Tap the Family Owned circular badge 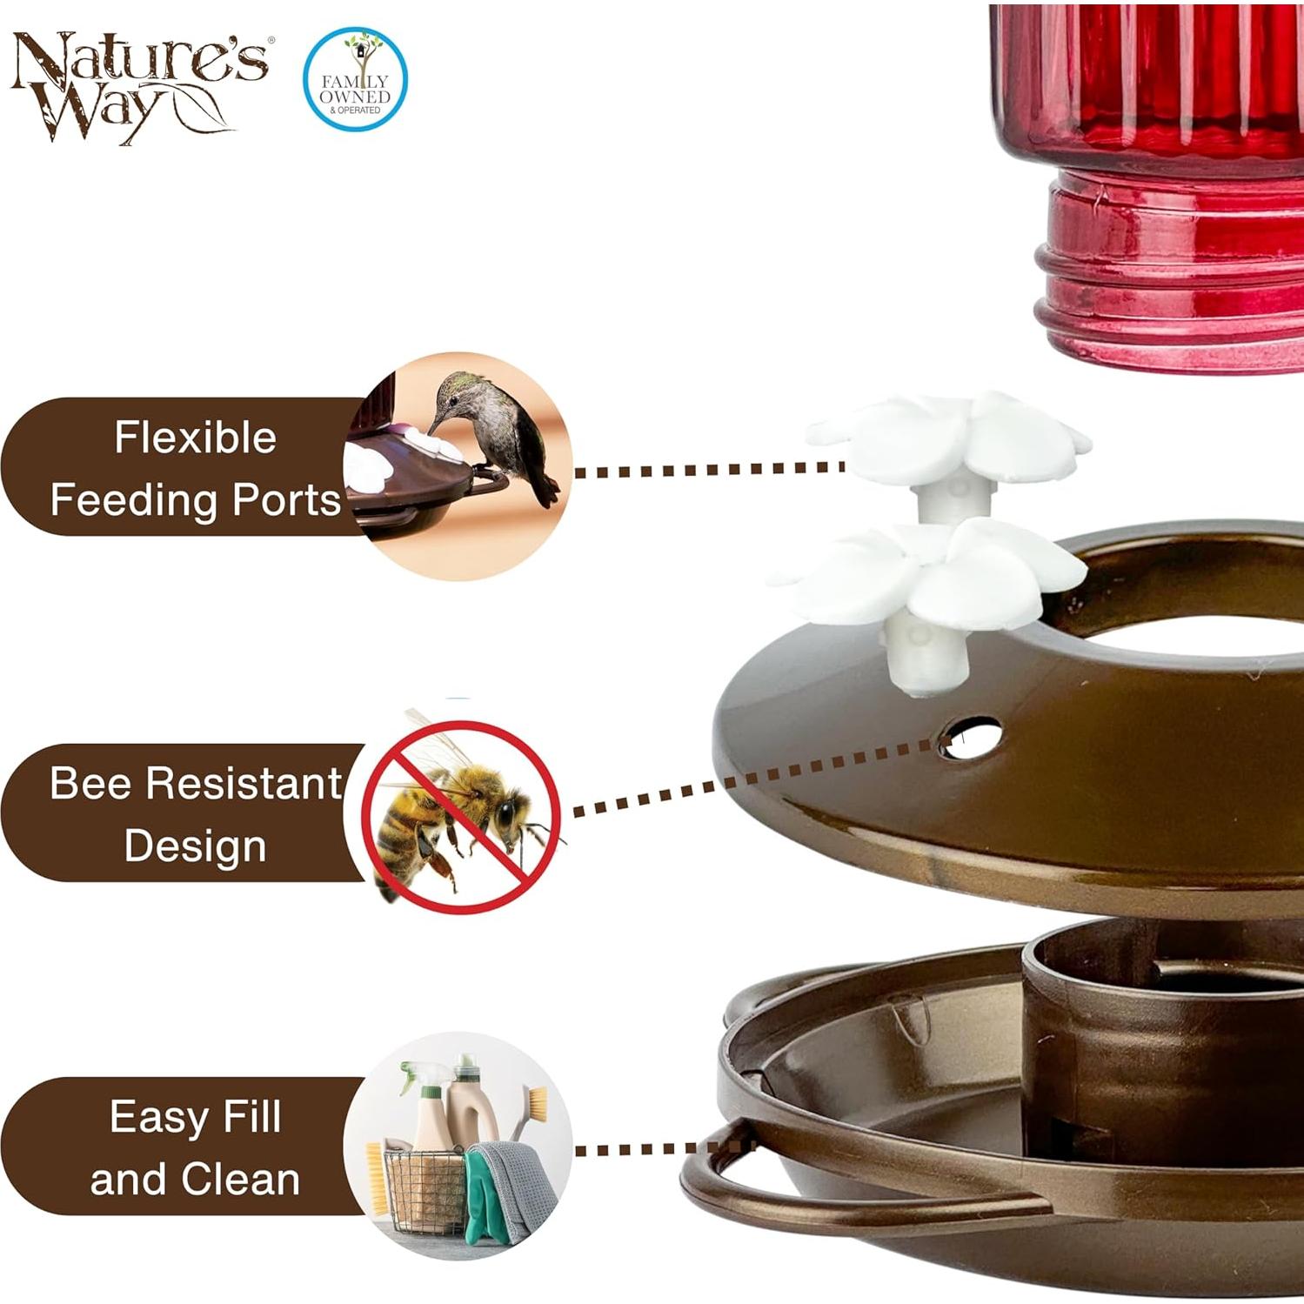tap(355, 79)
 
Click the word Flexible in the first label tap(195, 438)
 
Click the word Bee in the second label tap(90, 783)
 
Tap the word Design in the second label tap(195, 846)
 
